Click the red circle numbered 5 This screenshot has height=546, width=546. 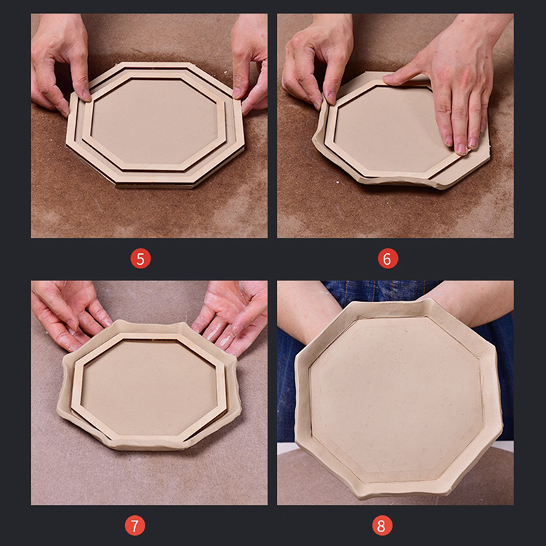(x=141, y=259)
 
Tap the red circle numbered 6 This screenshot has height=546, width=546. (x=388, y=259)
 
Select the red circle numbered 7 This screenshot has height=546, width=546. (x=135, y=526)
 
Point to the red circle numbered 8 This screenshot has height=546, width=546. (x=382, y=526)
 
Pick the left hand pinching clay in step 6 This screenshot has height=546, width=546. (x=315, y=63)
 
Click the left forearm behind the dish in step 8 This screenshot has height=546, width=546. (x=306, y=310)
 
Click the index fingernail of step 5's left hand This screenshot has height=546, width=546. (x=87, y=95)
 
